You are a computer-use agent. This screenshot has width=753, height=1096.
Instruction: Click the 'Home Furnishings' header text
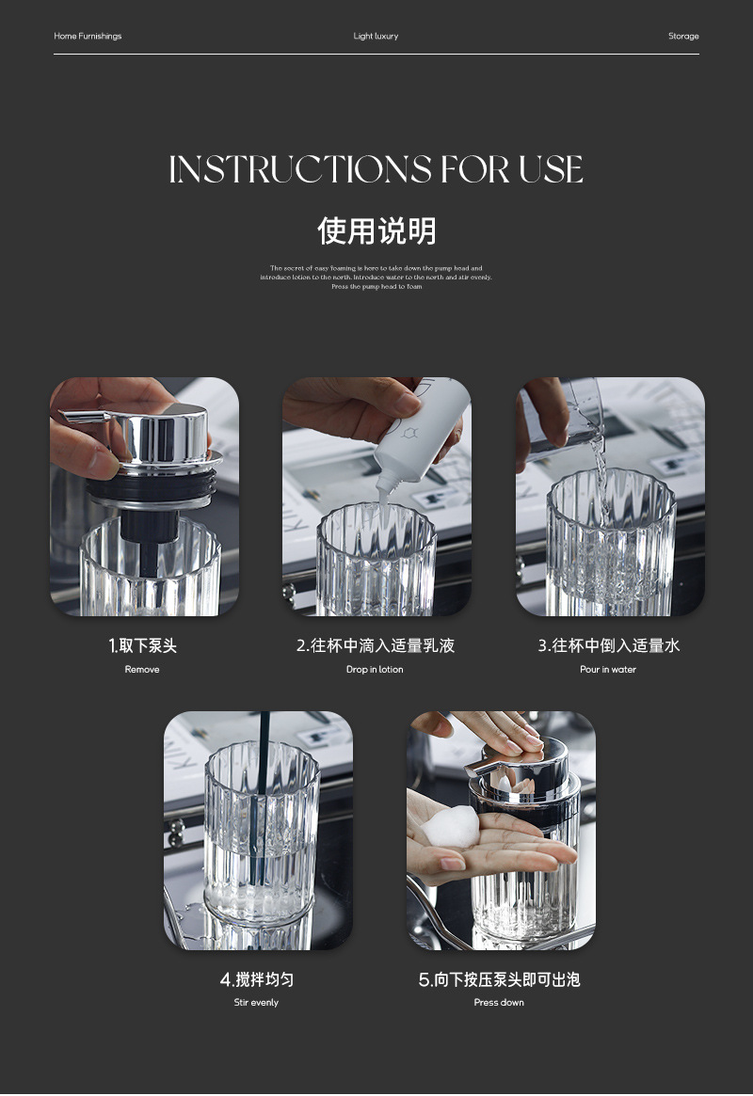pyautogui.click(x=88, y=37)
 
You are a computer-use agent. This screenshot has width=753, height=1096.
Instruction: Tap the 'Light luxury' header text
pyautogui.click(x=376, y=37)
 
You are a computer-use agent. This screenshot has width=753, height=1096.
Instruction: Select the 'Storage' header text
pyautogui.click(x=683, y=37)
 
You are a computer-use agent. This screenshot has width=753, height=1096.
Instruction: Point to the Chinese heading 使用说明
pyautogui.click(x=376, y=230)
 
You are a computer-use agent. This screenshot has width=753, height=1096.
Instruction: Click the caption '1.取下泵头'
pyautogui.click(x=142, y=646)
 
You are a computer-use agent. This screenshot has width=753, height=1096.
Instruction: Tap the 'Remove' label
pyautogui.click(x=142, y=670)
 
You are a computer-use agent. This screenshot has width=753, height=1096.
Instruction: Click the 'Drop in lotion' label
pyautogui.click(x=375, y=670)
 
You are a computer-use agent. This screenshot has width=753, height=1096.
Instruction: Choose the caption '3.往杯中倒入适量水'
pyautogui.click(x=608, y=646)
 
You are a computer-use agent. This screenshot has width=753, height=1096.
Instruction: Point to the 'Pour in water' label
pyautogui.click(x=608, y=670)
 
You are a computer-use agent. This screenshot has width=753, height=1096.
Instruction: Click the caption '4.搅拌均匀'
pyautogui.click(x=257, y=980)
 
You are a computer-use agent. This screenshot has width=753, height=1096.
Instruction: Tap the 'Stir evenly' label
pyautogui.click(x=256, y=1003)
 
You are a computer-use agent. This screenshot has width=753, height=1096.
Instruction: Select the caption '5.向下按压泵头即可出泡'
pyautogui.click(x=499, y=980)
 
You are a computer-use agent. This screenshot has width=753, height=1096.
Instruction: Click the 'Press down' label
pyautogui.click(x=499, y=1003)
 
